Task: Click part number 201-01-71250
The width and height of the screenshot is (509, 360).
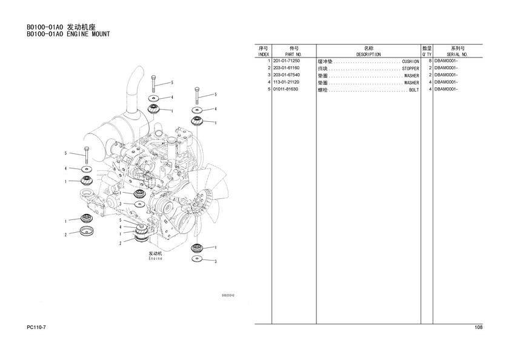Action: pyautogui.click(x=287, y=61)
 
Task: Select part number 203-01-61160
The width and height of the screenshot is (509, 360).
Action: pyautogui.click(x=287, y=68)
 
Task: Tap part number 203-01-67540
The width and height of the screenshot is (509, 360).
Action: pyautogui.click(x=287, y=75)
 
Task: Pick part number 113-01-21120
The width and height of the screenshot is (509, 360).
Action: pyautogui.click(x=287, y=82)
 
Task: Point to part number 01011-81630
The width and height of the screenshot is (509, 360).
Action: pyautogui.click(x=285, y=89)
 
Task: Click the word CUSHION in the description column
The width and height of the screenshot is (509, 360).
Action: pyautogui.click(x=410, y=62)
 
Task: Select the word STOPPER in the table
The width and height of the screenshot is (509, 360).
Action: pyautogui.click(x=410, y=68)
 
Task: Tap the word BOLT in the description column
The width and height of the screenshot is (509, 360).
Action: pyautogui.click(x=414, y=90)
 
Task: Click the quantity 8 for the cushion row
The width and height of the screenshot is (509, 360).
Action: pyautogui.click(x=429, y=61)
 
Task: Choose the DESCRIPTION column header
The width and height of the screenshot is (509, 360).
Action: pyautogui.click(x=368, y=55)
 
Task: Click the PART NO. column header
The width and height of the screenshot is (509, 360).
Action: pyautogui.click(x=294, y=55)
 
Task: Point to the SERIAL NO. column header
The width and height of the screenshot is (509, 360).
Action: pyautogui.click(x=458, y=55)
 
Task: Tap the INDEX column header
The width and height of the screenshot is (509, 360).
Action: pyautogui.click(x=264, y=55)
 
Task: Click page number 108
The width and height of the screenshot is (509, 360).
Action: pyautogui.click(x=478, y=328)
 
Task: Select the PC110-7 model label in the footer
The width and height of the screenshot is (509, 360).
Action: pyautogui.click(x=36, y=328)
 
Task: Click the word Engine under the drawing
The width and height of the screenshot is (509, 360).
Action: pyautogui.click(x=156, y=259)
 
